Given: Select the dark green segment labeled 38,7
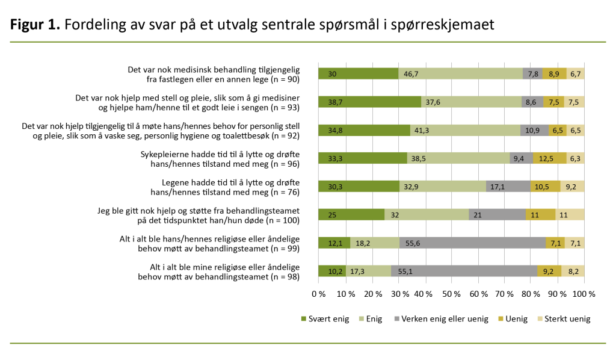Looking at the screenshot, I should click(x=369, y=102).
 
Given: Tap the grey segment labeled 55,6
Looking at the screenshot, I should click(x=472, y=243).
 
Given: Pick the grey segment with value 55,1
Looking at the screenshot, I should click(x=464, y=271).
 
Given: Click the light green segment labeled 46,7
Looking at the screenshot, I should click(x=460, y=74).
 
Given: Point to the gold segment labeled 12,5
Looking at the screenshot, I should click(x=550, y=158).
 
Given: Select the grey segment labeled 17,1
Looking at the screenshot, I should click(x=508, y=187).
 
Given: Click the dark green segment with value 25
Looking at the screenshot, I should click(x=351, y=214).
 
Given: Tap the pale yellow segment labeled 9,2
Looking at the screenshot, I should click(x=572, y=187).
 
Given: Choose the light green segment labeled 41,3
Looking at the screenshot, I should click(x=465, y=130).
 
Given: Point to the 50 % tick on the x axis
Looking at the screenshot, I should click(x=451, y=294).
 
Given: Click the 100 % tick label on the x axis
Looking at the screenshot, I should click(x=584, y=294).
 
